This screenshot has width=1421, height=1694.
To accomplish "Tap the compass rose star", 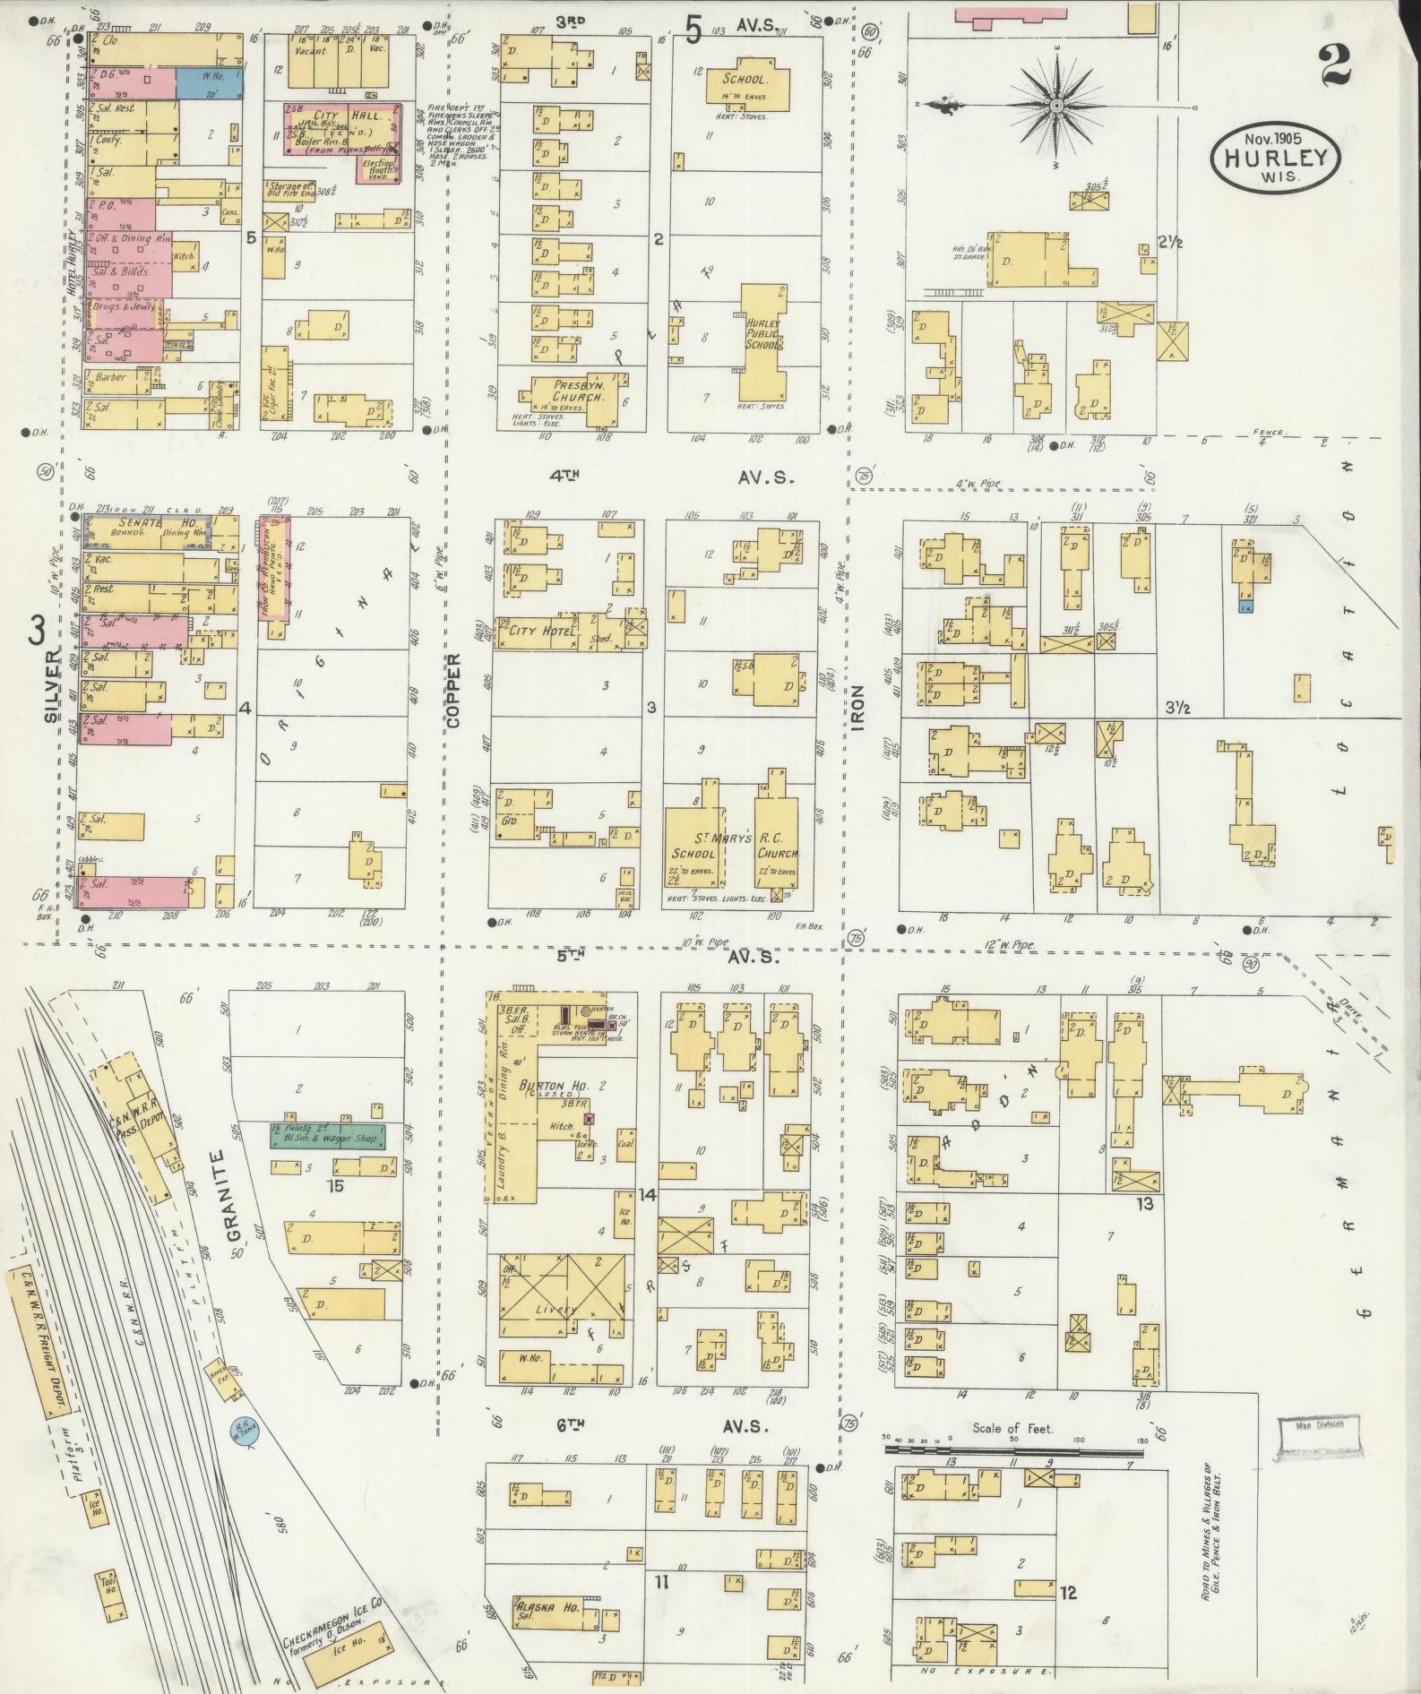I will click(1057, 107).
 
